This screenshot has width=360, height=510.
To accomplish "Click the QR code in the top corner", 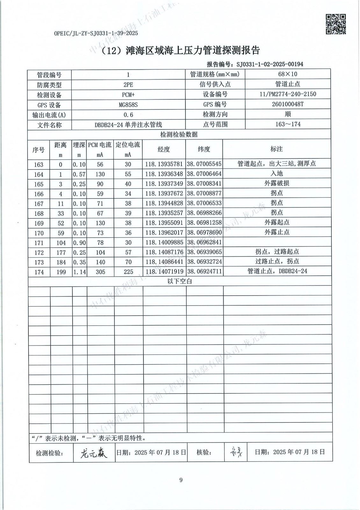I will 336,24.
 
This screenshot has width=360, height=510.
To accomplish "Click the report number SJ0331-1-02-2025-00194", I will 270,64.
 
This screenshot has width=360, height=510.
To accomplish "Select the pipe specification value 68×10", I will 287,74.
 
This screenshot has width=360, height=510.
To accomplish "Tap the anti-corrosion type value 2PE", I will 128,85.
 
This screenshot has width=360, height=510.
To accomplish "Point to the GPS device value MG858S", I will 128,105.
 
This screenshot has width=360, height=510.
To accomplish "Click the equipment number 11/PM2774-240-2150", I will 288,94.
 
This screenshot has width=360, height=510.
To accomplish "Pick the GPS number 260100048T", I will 288,104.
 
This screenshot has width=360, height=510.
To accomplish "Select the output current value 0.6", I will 128,115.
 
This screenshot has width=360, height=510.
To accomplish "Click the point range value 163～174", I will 288,124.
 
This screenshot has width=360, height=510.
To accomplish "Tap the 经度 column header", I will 164,149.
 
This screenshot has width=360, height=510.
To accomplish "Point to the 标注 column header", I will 277,149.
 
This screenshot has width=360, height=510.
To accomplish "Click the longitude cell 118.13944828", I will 164,203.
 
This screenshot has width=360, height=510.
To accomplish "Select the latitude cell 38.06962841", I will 204,242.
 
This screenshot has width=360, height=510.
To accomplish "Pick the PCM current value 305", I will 100,272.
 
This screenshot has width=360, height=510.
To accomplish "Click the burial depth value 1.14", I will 79,272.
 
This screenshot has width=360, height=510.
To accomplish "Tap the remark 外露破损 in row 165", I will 277,184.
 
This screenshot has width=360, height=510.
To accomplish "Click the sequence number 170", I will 39,233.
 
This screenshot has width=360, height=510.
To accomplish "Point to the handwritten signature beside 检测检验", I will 94,453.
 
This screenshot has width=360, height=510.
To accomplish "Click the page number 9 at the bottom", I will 181,480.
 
